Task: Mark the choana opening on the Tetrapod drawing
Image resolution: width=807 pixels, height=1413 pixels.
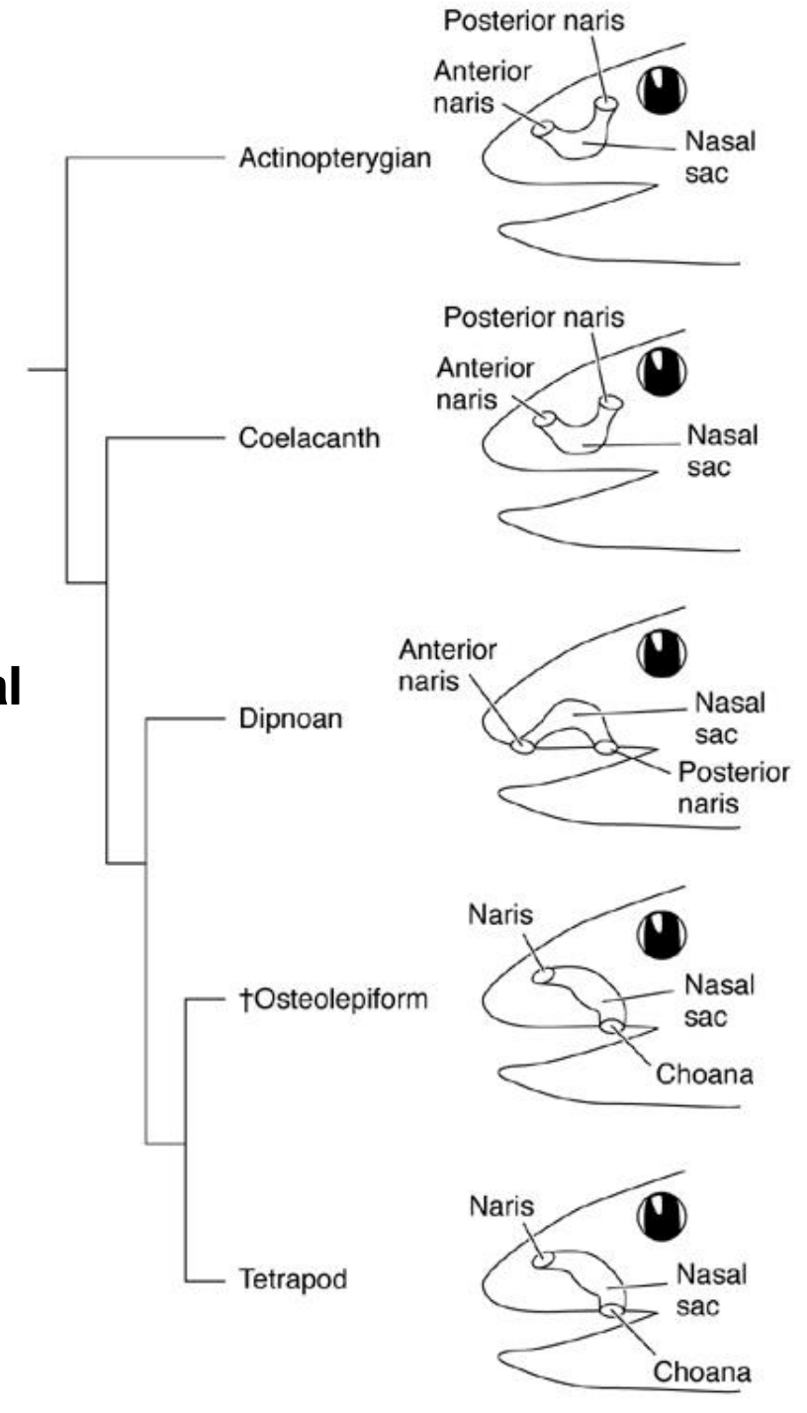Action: click(613, 1311)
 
